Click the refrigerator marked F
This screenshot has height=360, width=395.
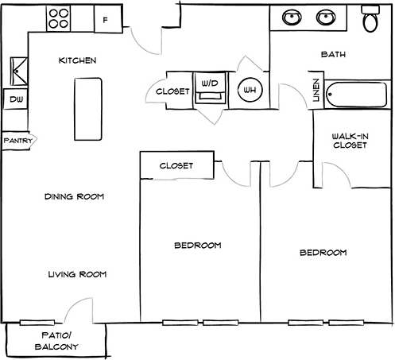[x=106, y=18]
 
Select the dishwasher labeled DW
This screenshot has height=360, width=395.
[x=14, y=100]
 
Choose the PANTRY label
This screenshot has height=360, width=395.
[x=17, y=141]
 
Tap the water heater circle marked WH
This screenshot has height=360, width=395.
[x=250, y=90]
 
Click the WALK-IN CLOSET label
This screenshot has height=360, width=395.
[x=350, y=141]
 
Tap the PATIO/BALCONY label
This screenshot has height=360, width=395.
[x=56, y=341]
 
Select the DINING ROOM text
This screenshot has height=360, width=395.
[x=74, y=196]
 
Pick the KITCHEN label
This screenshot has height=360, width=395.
[x=78, y=60]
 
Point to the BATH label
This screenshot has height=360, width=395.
[x=332, y=55]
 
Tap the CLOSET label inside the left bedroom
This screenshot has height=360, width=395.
[x=176, y=166]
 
